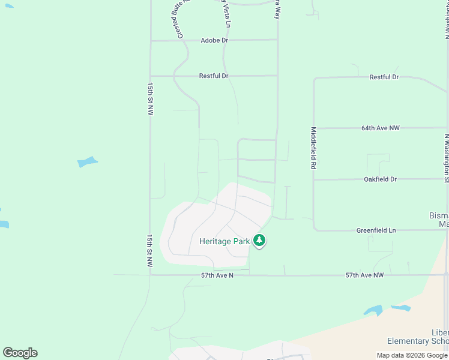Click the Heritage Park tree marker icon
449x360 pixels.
pyautogui.click(x=259, y=241)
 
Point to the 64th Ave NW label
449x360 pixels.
pyautogui.click(x=381, y=128)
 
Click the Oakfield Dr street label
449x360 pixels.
pyautogui.click(x=381, y=179)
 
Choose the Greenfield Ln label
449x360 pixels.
pyautogui.click(x=376, y=230)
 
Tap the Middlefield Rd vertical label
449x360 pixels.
pyautogui.click(x=313, y=148)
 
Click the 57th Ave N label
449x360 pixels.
pyautogui.click(x=217, y=275)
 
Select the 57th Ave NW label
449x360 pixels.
pyautogui.click(x=364, y=275)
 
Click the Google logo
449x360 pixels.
pyautogui.click(x=20, y=353)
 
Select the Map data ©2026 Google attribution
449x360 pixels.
pyautogui.click(x=412, y=355)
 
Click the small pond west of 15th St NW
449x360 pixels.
pyautogui.click(x=88, y=162)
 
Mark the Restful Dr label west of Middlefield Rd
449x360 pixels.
pyautogui.click(x=214, y=76)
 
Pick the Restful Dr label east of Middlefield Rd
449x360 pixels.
pyautogui.click(x=384, y=77)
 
